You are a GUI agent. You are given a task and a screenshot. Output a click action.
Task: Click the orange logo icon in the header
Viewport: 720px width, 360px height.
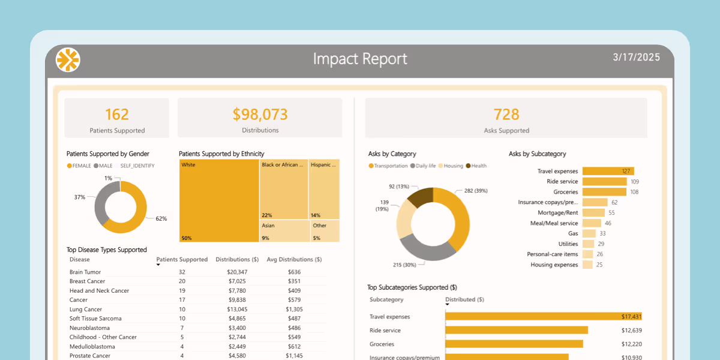68,59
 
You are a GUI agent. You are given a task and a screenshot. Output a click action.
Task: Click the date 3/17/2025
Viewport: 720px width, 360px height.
636,58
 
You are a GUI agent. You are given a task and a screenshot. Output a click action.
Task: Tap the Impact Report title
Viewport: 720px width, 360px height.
360,59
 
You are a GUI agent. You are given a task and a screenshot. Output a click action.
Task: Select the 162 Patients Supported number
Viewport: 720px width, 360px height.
117,114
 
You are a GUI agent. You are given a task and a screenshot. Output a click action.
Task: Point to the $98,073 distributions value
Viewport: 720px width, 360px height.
260,114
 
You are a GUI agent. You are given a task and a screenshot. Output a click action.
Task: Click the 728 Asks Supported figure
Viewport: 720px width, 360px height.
506,114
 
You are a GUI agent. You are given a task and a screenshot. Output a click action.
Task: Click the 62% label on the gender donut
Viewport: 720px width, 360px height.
161,218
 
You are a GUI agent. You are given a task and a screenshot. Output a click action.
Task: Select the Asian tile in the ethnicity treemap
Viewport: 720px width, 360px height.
284,231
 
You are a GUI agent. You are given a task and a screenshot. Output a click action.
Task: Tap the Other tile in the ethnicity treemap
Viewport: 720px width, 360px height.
325,231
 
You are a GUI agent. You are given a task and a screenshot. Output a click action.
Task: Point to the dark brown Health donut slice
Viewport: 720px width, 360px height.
420,198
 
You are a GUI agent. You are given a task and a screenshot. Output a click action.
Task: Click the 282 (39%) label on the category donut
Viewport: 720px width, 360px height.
477,191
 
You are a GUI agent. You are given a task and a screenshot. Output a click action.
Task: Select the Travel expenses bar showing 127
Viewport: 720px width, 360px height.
608,171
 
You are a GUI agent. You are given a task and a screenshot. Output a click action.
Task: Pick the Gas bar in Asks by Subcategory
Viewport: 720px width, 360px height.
589,233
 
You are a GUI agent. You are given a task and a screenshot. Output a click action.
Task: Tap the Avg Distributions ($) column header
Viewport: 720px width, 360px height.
294,260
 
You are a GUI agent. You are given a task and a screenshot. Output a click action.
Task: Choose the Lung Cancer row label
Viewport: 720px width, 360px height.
86,309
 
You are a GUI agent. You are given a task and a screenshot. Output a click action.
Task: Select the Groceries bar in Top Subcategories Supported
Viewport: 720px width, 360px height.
514,344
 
